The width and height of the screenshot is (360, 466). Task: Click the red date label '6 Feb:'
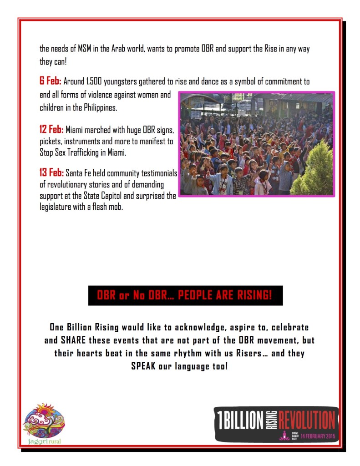pyautogui.click(x=50, y=82)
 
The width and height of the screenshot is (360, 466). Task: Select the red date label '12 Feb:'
pyautogui.click(x=51, y=130)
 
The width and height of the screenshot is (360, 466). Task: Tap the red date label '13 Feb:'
pyautogui.click(x=51, y=173)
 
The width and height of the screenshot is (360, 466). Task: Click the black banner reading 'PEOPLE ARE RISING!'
pyautogui.click(x=185, y=296)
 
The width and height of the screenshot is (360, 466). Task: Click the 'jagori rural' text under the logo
pyautogui.click(x=44, y=441)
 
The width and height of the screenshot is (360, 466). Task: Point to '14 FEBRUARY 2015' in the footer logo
pyautogui.click(x=317, y=436)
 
